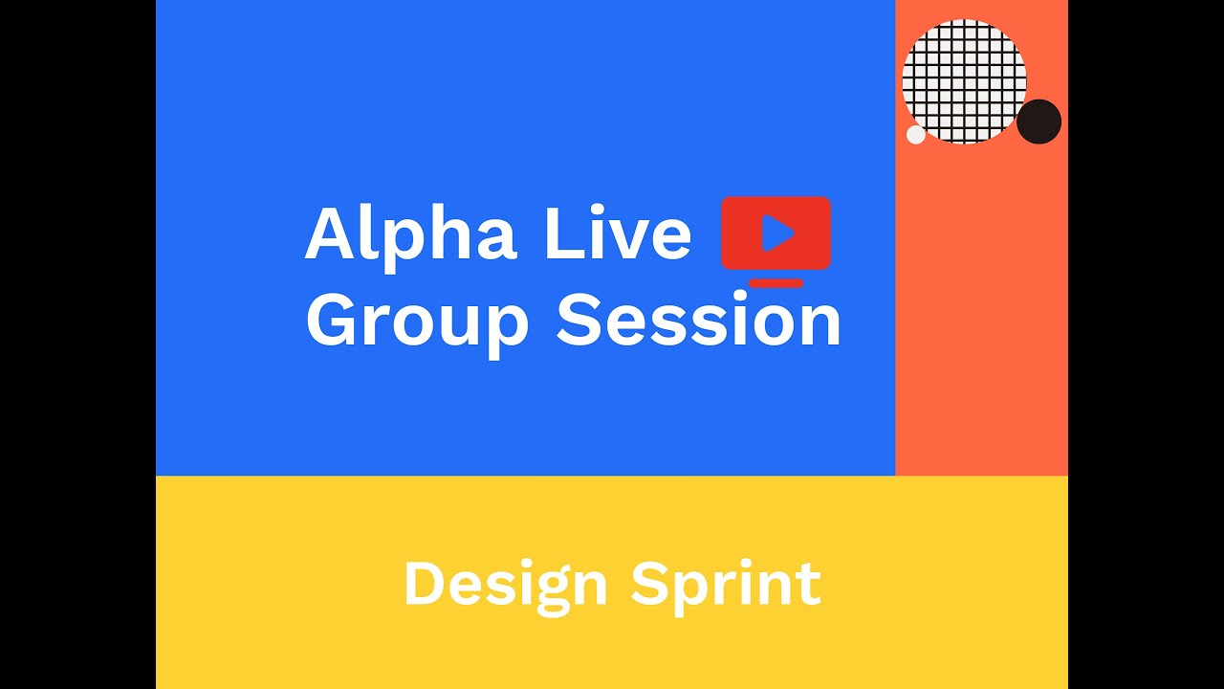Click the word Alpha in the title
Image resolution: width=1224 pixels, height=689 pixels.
[411, 234]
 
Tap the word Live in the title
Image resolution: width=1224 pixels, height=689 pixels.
[617, 234]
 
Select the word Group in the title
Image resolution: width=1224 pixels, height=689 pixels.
[417, 322]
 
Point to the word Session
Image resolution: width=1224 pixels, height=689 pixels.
[699, 320]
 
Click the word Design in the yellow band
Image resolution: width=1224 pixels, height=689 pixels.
[505, 585]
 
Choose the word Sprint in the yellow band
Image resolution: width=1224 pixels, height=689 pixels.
[726, 585]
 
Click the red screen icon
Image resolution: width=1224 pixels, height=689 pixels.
[776, 233]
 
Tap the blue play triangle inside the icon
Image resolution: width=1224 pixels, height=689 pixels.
[777, 233]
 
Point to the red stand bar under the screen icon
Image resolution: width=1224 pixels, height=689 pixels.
[776, 282]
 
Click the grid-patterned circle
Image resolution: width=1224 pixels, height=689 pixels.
[964, 81]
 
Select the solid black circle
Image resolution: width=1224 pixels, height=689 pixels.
[1038, 122]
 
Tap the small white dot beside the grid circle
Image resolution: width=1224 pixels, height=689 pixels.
[916, 135]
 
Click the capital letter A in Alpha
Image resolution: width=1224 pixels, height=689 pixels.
[331, 234]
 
